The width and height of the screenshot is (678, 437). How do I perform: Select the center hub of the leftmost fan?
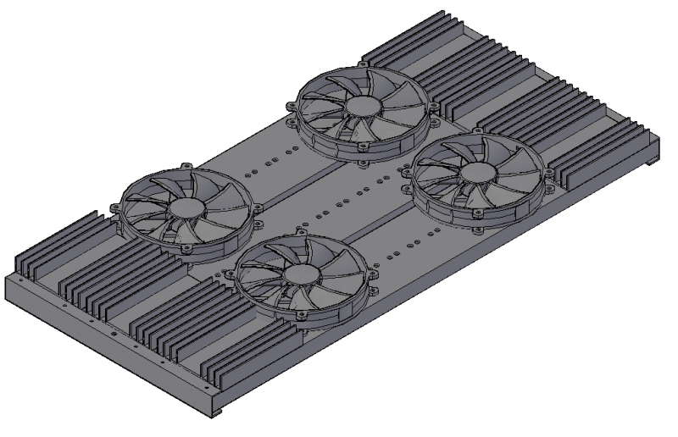click(184, 207)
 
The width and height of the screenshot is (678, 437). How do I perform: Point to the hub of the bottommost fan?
click(298, 274)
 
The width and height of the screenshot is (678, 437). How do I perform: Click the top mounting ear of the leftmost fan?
click(185, 164)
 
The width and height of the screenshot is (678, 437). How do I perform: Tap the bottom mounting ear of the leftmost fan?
click(184, 251)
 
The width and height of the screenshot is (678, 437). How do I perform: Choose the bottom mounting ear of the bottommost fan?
click(298, 318)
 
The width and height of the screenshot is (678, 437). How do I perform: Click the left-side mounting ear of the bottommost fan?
click(227, 274)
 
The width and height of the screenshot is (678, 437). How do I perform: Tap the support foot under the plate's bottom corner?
click(217, 412)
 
